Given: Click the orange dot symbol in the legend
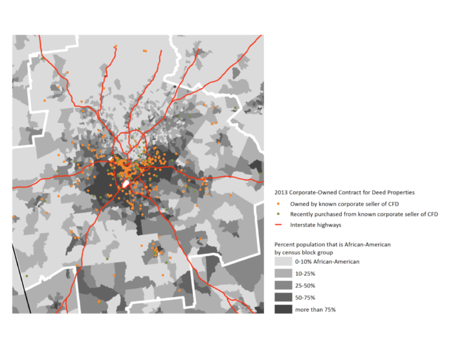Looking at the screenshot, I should [x=277, y=204].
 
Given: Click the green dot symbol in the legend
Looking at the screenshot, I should [x=277, y=214].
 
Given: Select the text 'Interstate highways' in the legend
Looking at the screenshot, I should [x=315, y=224].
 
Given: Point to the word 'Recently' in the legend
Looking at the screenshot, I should [x=303, y=214].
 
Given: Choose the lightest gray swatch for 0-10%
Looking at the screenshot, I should [x=282, y=261].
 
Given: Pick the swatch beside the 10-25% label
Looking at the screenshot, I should [x=282, y=273].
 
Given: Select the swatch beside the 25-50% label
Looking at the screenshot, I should [x=282, y=286].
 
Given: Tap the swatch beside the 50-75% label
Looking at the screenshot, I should [x=282, y=298].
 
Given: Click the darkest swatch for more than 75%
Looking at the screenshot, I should [x=282, y=309].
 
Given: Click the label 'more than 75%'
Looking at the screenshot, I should [x=315, y=309].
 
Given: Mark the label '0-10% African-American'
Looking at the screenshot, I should [x=327, y=261].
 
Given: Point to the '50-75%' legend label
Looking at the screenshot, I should [x=306, y=298].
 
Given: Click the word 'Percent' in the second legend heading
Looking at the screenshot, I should [x=285, y=244].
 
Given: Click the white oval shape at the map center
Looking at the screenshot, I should [x=126, y=183].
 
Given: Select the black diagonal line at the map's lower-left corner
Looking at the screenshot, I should [x=22, y=279].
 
